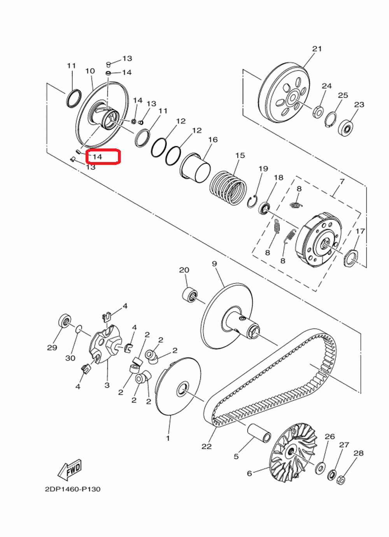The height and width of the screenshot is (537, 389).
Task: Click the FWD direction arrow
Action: point(70,469)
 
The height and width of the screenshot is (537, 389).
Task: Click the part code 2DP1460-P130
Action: point(73,489)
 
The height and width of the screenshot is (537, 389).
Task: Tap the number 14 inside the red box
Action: point(97,157)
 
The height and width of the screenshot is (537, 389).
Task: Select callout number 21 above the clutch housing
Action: point(317,49)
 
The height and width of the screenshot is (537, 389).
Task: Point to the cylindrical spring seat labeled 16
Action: point(196,168)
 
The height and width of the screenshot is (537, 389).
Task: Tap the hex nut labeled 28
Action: point(341,480)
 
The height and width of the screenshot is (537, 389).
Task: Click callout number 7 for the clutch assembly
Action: point(342,182)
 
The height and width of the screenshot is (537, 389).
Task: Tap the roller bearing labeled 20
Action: point(190,294)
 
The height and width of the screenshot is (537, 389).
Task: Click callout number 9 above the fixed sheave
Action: point(214,264)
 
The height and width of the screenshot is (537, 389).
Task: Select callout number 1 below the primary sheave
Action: point(168,438)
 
